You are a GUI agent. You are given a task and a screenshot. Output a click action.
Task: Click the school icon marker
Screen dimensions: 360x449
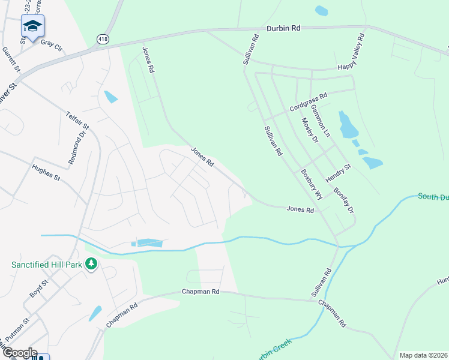coord(32,25)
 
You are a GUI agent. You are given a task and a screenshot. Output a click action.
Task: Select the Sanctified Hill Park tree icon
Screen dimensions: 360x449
coord(91,264)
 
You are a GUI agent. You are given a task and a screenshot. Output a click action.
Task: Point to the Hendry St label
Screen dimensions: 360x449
coord(338,173)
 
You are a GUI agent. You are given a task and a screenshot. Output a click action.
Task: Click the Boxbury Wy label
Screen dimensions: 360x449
coord(312,184)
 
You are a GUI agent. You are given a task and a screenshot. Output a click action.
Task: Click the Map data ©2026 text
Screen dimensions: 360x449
coord(424,355)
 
